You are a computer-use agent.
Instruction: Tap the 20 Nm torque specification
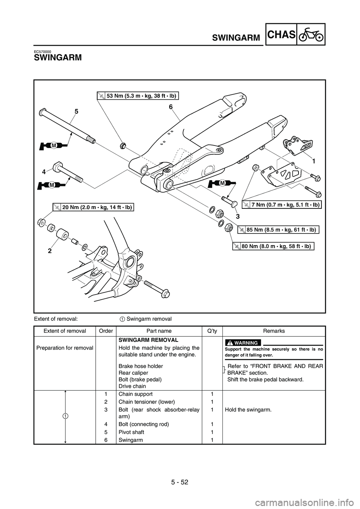[94, 207]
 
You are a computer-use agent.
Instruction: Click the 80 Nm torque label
[273, 246]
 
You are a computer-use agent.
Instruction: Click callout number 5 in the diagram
[76, 111]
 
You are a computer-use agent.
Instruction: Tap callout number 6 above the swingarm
[171, 107]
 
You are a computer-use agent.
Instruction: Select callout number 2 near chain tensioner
[50, 252]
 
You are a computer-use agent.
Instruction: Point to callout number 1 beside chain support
[313, 160]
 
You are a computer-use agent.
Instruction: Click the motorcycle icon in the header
[310, 34]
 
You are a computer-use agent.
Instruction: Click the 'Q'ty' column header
[212, 331]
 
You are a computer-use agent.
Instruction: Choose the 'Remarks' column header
[274, 331]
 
